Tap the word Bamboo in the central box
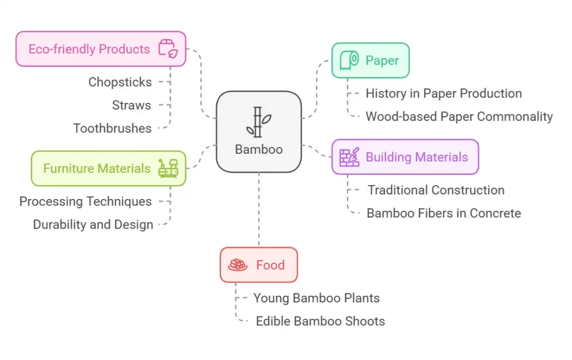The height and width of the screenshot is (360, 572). coord(259,149)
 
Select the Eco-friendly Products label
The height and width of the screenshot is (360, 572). coord(89,49)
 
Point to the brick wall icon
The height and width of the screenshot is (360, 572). coord(350,157)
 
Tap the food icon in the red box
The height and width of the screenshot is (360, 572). coord(238,265)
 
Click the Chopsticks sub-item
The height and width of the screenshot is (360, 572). coord(120,82)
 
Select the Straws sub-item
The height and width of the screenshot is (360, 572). coord(131,105)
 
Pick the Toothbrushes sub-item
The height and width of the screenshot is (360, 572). coord(112,129)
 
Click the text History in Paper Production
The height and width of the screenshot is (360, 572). coord(444,93)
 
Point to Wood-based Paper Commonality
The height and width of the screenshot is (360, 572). coord(459,117)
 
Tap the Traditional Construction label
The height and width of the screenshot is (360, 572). coord(436,190)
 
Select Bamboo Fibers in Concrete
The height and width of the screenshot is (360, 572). coord(444,213)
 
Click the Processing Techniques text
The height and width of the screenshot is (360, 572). coord(85,201)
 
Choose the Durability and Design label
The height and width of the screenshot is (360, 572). coord(93,225)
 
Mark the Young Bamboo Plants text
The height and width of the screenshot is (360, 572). coord(316,298)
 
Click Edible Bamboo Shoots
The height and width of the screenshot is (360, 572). coord(320,321)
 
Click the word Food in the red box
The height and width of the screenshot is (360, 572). coord(270,265)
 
